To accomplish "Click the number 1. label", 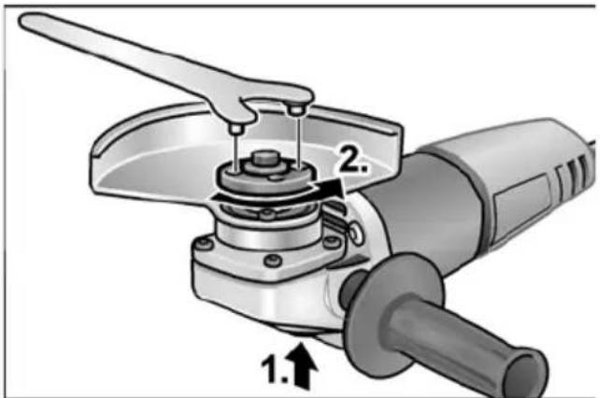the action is coord(274,369).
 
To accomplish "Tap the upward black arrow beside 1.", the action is coord(303,365).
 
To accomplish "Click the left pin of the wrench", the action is coord(236,129).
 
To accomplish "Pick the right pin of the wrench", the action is coord(297,109).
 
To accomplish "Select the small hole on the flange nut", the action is coord(275,178).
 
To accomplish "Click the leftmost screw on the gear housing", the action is coord(205,244).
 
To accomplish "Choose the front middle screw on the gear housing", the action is coord(273,261).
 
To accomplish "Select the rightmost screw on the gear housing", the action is coord(331,242).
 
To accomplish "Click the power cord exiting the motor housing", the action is coord(593,146).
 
